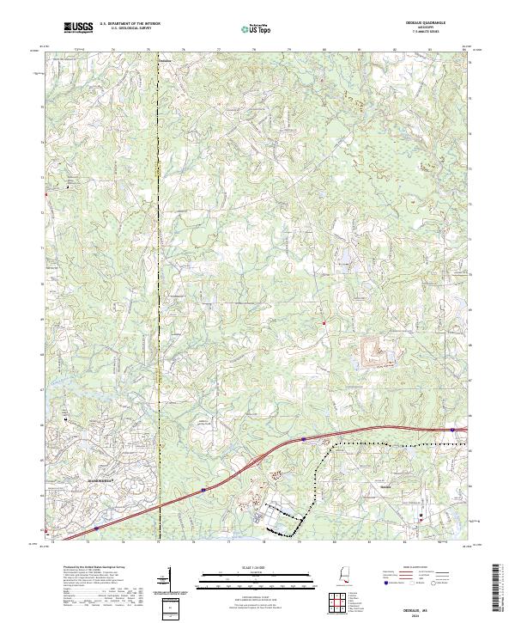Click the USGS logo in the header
point(78,27)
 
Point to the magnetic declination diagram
point(173,578)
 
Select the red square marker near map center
point(324,323)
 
